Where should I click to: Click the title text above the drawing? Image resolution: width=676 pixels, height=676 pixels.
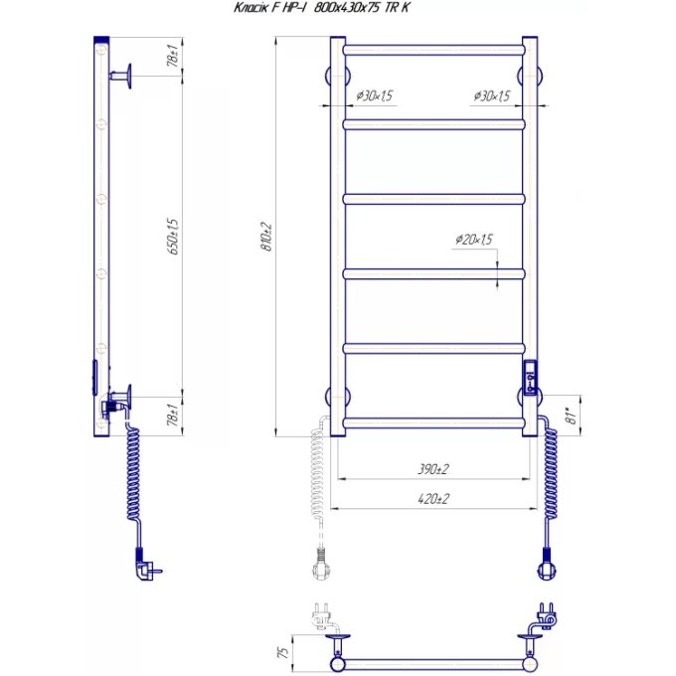[322, 8]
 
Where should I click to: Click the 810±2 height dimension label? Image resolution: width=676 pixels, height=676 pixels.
[267, 237]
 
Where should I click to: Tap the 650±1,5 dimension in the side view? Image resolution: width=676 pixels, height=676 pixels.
[173, 237]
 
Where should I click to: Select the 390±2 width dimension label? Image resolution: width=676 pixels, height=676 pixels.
[433, 469]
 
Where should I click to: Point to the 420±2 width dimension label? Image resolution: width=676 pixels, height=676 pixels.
[433, 499]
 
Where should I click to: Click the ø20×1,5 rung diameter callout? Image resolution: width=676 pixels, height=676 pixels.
[474, 240]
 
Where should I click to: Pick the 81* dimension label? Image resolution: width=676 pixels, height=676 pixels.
[572, 416]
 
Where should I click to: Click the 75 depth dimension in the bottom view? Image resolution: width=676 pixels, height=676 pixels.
[282, 652]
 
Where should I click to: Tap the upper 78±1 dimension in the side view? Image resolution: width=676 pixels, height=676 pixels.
[173, 56]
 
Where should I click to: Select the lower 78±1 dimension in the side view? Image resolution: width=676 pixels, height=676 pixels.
[173, 416]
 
